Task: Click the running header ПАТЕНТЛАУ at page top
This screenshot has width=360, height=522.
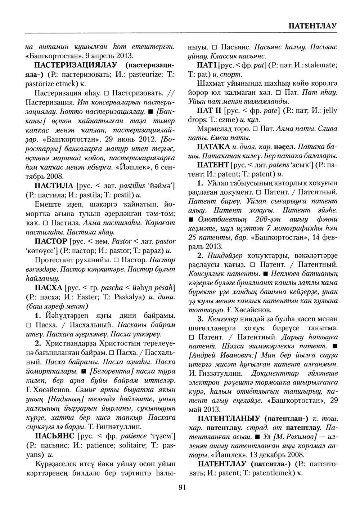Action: (x=312, y=26)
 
